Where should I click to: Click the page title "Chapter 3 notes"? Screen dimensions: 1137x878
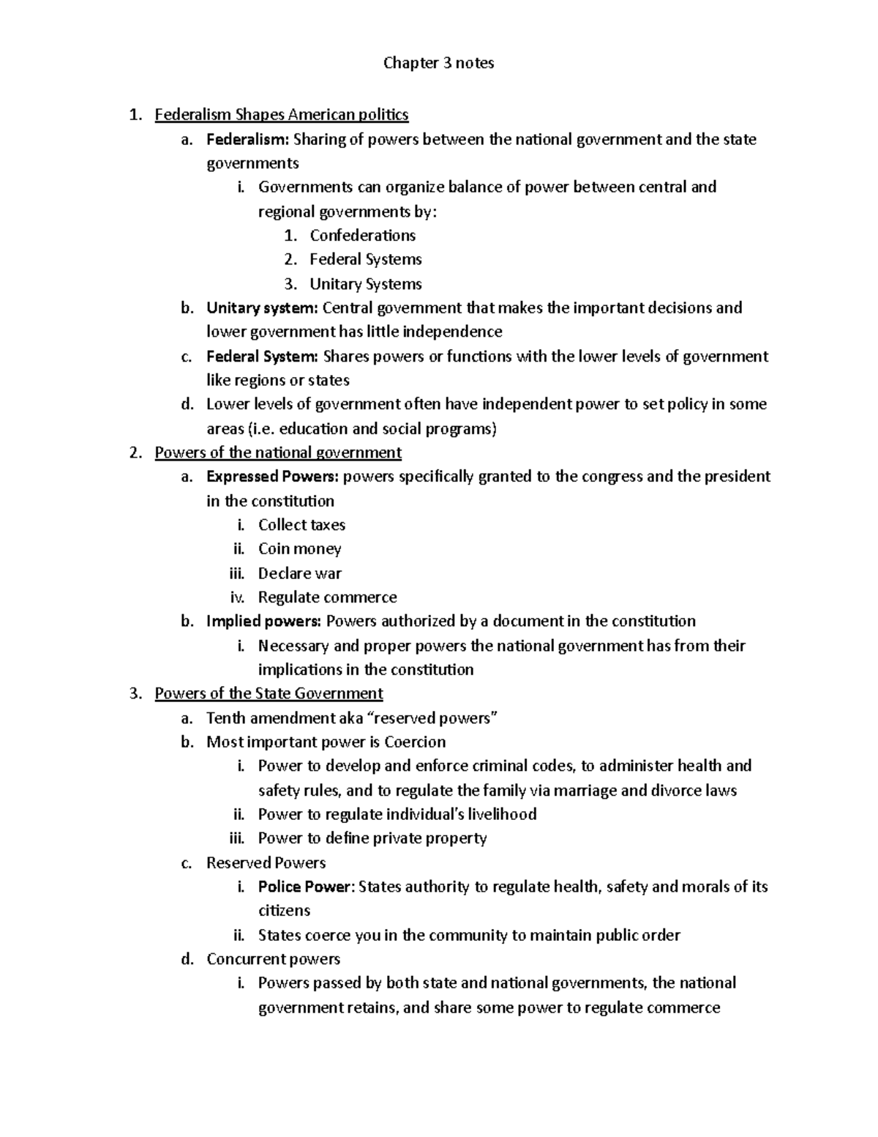438,63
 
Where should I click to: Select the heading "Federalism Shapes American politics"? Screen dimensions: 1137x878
282,115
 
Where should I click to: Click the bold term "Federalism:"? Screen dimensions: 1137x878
248,139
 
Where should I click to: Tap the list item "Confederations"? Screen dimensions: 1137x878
362,236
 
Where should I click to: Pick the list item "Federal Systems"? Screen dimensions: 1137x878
365,260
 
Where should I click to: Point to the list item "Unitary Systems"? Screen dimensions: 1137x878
365,284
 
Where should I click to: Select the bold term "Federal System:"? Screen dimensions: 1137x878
262,357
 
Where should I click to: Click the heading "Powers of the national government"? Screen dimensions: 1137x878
278,452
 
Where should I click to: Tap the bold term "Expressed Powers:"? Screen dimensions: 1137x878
272,477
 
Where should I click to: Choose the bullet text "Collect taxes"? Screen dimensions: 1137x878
301,525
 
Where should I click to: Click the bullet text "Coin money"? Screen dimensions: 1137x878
299,549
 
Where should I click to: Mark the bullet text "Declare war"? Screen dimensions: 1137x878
299,573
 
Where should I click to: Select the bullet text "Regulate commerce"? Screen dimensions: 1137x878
327,597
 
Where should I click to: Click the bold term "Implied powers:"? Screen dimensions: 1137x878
263,622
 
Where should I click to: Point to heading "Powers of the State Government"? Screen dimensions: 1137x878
269,693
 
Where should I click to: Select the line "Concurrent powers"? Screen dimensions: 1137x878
273,959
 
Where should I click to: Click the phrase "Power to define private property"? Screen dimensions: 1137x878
372,838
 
